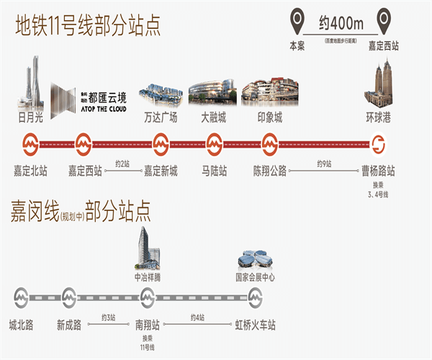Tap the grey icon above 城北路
(x=21, y=296)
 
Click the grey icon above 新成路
(x=69, y=296)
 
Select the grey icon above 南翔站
(x=148, y=296)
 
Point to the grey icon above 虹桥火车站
(x=255, y=296)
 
